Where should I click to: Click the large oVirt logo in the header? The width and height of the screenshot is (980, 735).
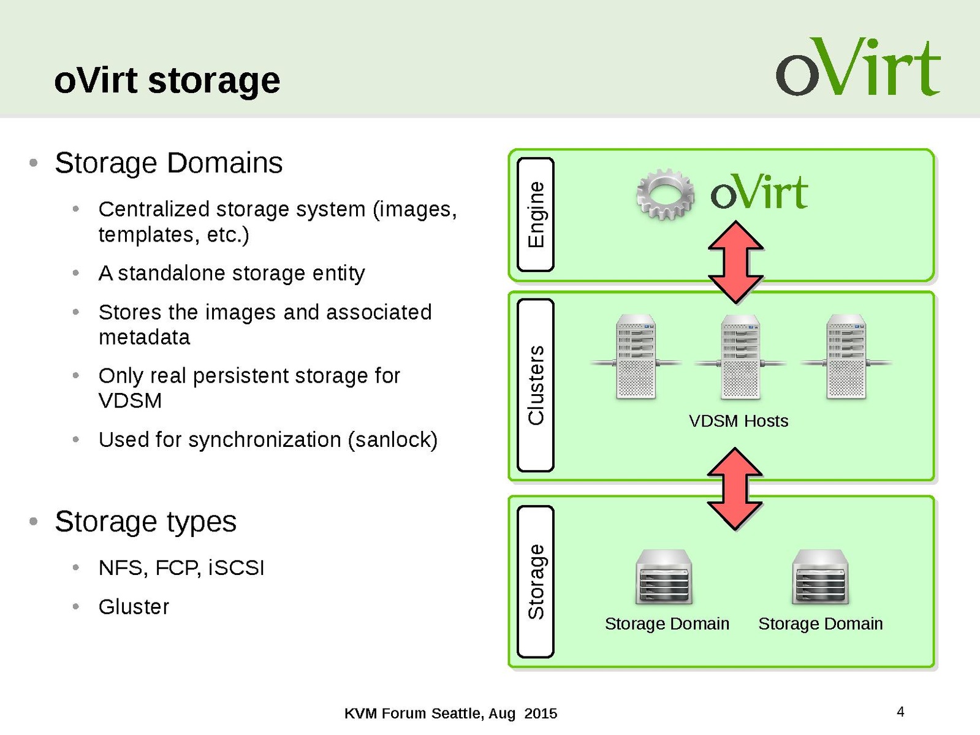[x=857, y=67]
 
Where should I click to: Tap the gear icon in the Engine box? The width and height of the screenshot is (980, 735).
[x=666, y=194]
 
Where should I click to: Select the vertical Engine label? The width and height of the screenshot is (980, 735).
[x=536, y=214]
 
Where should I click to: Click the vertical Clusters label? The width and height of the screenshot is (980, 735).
[x=536, y=385]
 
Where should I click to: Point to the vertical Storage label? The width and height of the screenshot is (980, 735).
[x=536, y=581]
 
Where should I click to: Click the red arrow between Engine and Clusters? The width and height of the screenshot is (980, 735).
[x=735, y=262]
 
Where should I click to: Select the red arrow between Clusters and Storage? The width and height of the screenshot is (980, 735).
[x=735, y=489]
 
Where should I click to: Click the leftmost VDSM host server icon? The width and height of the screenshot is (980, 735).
[x=636, y=357]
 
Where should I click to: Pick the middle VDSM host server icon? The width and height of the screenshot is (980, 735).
[x=740, y=357]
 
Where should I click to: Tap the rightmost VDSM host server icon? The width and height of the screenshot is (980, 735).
[x=846, y=357]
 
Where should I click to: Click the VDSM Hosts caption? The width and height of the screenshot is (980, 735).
[x=738, y=421]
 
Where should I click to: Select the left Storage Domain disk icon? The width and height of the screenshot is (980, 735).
[x=664, y=577]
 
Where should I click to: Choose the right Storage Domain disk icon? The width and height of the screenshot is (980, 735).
[x=820, y=577]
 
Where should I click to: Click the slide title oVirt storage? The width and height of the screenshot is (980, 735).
[x=167, y=80]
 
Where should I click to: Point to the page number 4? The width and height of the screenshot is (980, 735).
[x=900, y=712]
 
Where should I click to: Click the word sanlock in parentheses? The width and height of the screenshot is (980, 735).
[x=392, y=440]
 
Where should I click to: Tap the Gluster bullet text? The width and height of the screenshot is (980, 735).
[x=134, y=607]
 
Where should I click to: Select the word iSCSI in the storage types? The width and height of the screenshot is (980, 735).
[x=236, y=568]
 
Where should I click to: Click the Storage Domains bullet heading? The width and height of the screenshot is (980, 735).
[x=169, y=163]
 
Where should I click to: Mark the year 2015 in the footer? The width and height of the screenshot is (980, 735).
[x=541, y=714]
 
